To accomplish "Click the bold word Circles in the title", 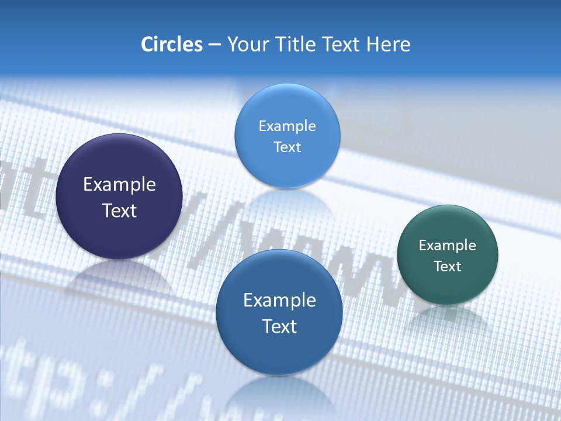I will (x=171, y=44).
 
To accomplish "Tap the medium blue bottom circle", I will (x=279, y=351).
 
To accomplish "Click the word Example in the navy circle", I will (x=119, y=185).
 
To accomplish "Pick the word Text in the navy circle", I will (x=119, y=210).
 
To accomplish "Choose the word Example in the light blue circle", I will (x=287, y=126).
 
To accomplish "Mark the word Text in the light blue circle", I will (x=287, y=147).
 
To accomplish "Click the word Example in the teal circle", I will (x=447, y=246).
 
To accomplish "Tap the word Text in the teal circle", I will (x=447, y=267).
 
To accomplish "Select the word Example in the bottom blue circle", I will (x=279, y=301).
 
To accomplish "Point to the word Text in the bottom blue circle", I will (x=279, y=326).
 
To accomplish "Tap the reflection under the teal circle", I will (x=447, y=319).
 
